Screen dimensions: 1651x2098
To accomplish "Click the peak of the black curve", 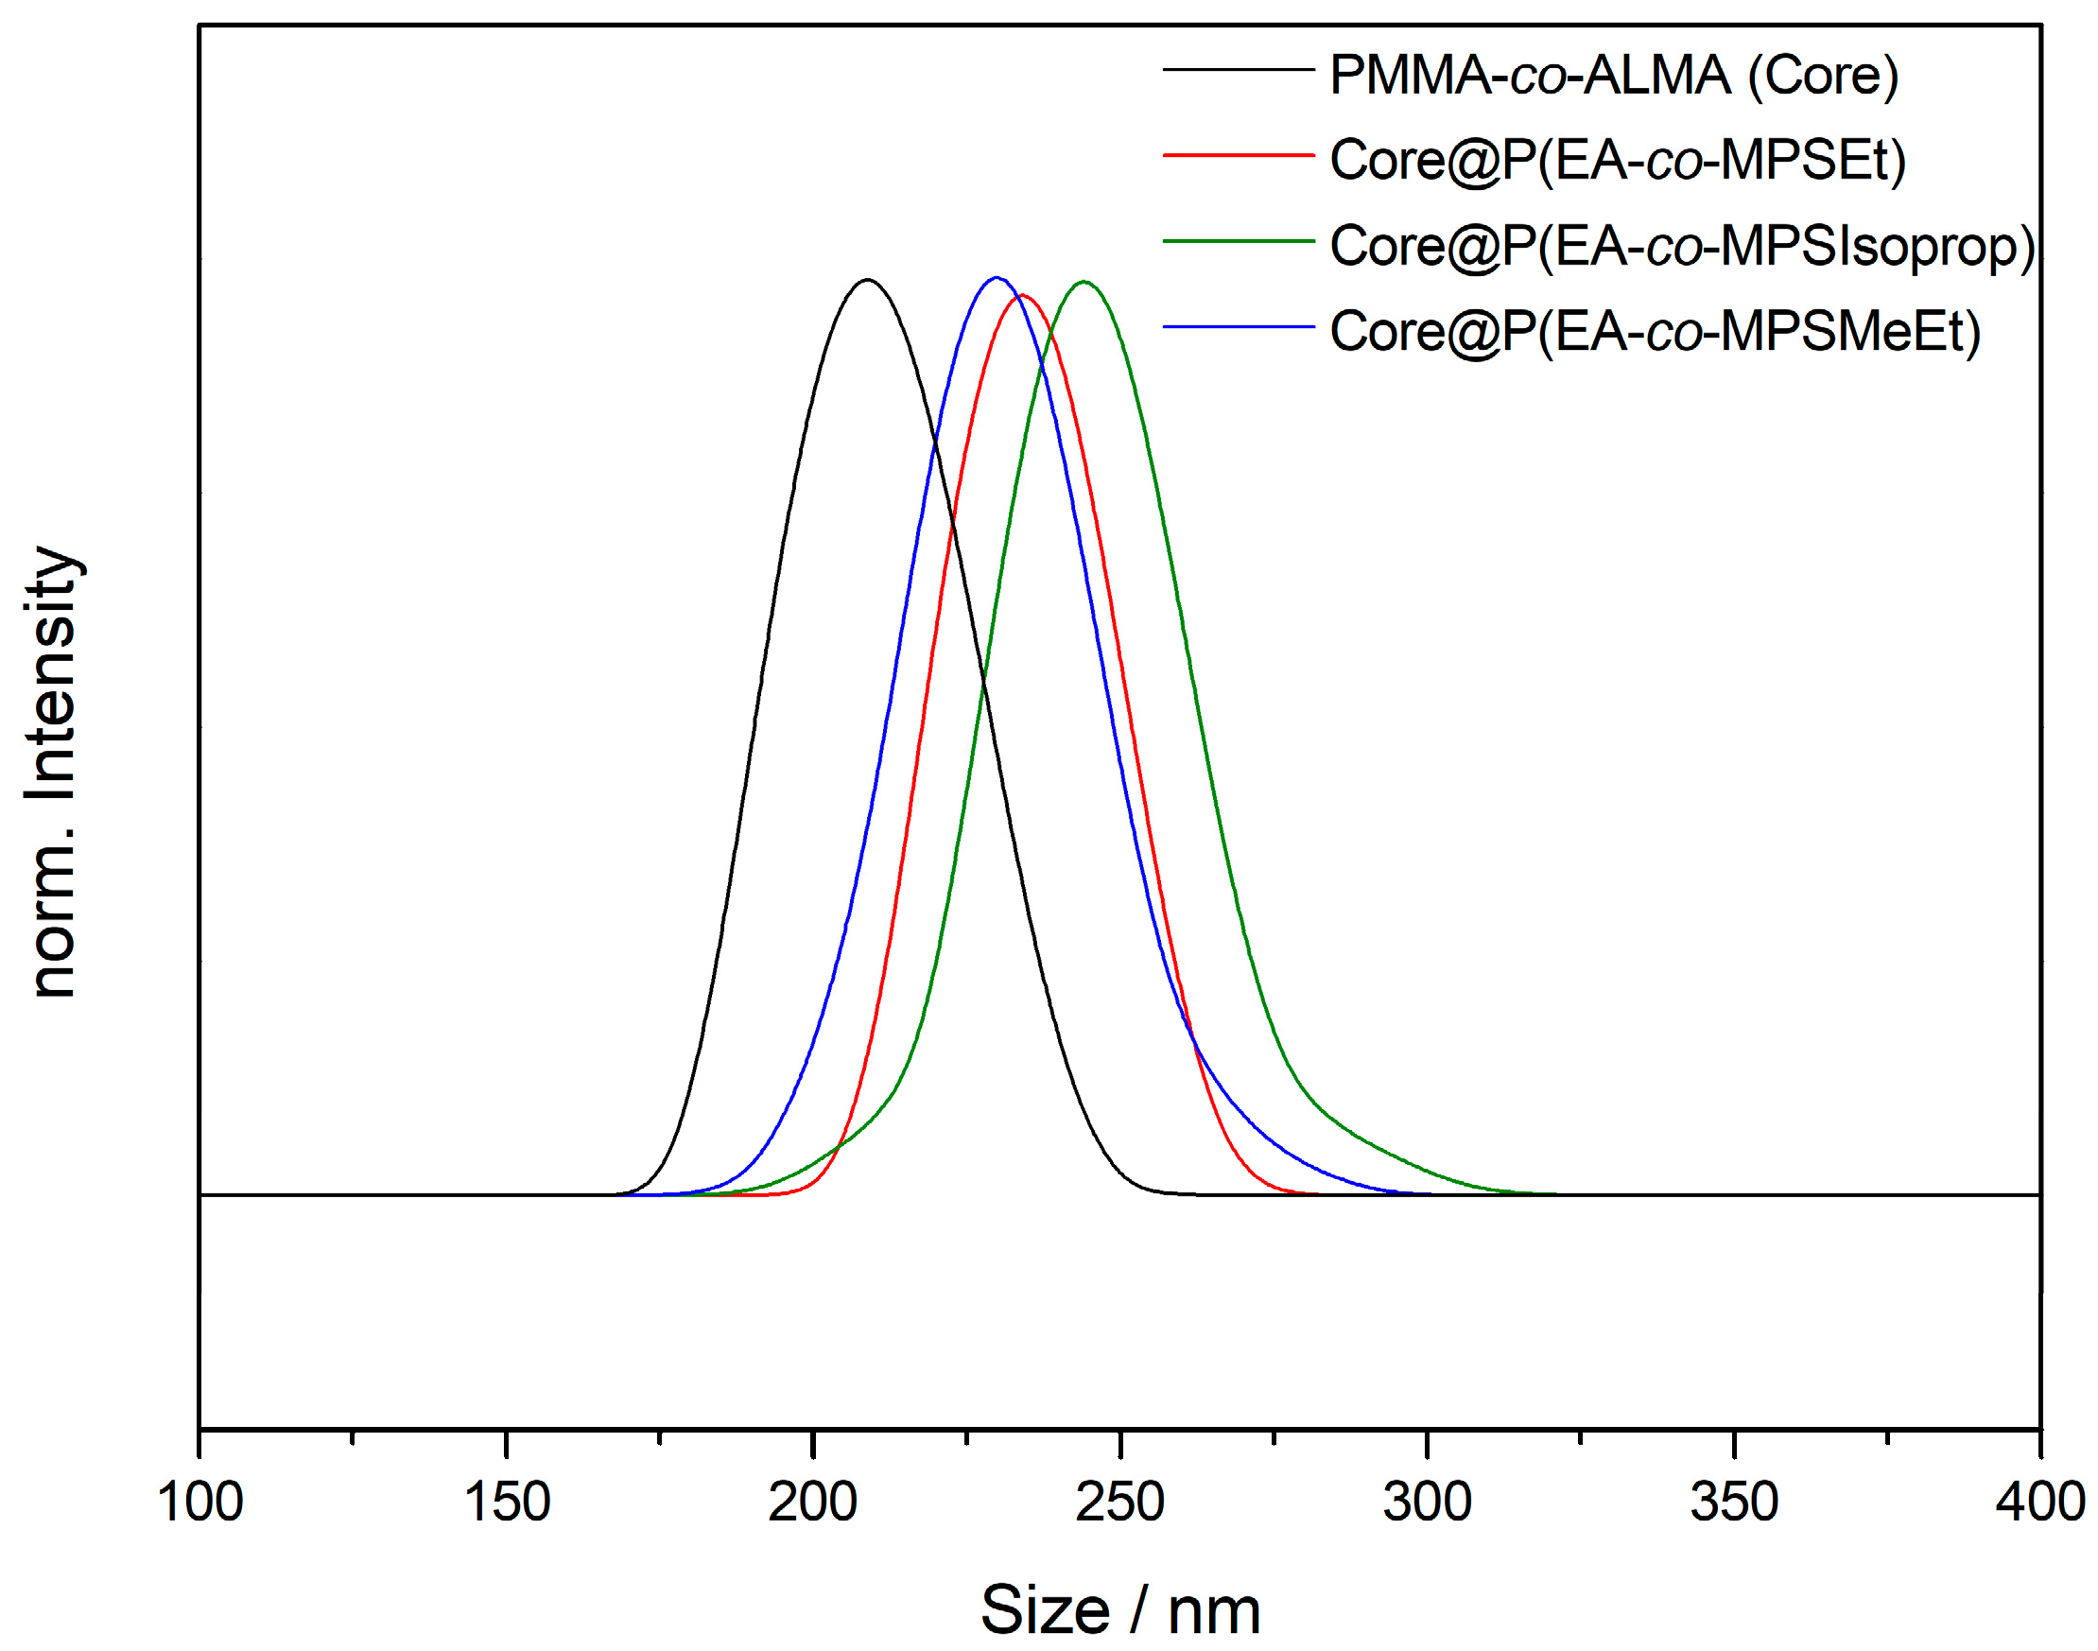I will tap(867, 280).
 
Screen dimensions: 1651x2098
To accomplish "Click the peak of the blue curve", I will tap(997, 277).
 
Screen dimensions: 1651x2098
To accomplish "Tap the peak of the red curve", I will tap(1022, 295).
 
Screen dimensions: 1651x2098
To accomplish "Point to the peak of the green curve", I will tap(1084, 281).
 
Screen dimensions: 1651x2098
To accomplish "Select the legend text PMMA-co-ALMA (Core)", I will tap(1613, 76).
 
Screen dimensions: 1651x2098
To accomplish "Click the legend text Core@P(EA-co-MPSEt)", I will tap(1617, 161).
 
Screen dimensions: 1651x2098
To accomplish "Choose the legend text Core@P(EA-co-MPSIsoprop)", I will tap(1681, 247).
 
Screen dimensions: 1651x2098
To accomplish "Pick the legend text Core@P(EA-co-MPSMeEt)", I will tap(1655, 332).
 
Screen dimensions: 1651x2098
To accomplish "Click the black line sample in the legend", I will tap(1238, 70).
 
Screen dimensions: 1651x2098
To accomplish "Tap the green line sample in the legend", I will tap(1238, 241).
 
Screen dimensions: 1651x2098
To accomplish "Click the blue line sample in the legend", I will tap(1238, 327).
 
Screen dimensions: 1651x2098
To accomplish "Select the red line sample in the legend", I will tap(1238, 155).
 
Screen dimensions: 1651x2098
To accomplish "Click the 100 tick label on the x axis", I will tap(200, 1503).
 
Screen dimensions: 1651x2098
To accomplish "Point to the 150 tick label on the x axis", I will tap(507, 1503).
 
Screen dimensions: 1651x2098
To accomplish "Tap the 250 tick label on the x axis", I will tap(1120, 1503).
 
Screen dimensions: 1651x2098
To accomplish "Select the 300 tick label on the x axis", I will tap(1427, 1503).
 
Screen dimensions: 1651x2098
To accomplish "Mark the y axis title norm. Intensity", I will tap(53, 772).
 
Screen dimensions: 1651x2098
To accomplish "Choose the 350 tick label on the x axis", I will tap(1734, 1503).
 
